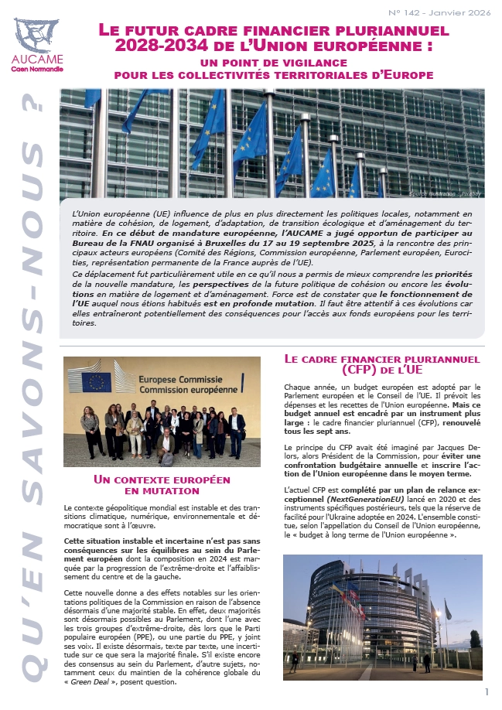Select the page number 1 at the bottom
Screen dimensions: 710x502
point(487,691)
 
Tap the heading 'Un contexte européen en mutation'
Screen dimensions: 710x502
point(162,484)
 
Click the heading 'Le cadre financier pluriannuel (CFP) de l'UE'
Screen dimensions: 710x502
point(382,365)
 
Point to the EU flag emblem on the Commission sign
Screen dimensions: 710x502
point(97,381)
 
